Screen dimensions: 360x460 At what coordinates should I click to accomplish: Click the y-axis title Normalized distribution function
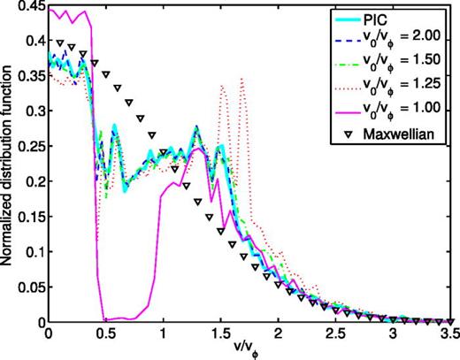(x=9, y=164)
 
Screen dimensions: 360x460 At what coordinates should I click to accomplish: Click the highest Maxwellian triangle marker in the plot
(x=60, y=42)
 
